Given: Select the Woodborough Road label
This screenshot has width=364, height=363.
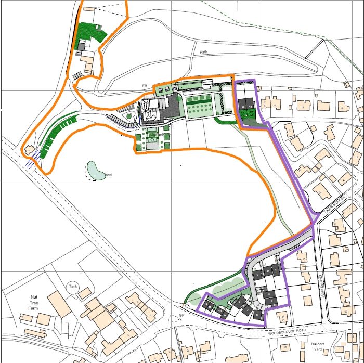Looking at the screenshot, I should point(289,331).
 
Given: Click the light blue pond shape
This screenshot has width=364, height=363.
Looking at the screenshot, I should point(95,170).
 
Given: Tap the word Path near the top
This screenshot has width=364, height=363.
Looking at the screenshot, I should point(203,53).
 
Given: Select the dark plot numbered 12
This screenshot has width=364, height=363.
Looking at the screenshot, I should point(206,305).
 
